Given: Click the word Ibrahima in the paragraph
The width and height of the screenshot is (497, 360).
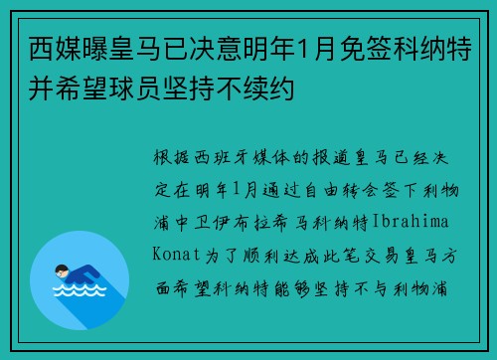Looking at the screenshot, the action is click(x=411, y=222).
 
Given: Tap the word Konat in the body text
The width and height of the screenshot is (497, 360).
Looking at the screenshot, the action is click(x=176, y=255).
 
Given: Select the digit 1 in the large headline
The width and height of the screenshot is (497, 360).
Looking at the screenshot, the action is click(x=304, y=49).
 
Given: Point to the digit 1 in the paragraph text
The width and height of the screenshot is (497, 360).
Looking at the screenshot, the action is click(x=237, y=189).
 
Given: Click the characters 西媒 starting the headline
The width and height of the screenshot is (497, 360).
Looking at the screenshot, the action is click(x=56, y=49).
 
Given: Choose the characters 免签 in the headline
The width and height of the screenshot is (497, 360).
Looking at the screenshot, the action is click(x=367, y=49).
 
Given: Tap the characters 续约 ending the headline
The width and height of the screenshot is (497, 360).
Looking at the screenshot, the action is click(x=268, y=89).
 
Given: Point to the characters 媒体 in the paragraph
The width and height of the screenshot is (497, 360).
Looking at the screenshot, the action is click(x=271, y=157).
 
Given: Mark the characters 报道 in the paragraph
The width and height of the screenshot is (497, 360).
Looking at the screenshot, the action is click(x=331, y=157).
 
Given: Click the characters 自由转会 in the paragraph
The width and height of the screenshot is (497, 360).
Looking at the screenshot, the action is click(x=342, y=190).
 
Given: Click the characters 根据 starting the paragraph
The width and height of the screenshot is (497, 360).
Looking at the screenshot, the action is click(x=172, y=157).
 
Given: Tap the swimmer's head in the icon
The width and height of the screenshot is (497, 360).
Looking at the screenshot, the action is click(x=62, y=270).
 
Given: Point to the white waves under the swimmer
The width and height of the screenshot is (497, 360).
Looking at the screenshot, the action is click(x=80, y=290).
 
